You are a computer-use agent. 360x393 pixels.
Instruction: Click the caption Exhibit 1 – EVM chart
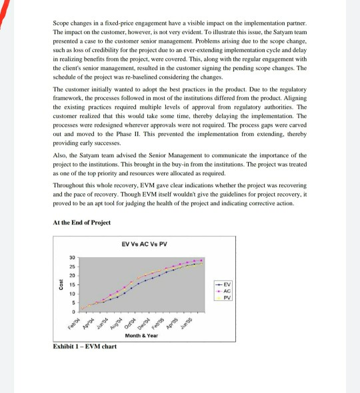click(x=84, y=346)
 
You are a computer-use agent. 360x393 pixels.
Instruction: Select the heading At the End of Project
click(x=81, y=222)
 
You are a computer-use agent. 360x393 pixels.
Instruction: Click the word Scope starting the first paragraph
click(x=61, y=23)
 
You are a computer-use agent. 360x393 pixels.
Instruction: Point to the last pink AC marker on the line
click(x=202, y=260)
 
